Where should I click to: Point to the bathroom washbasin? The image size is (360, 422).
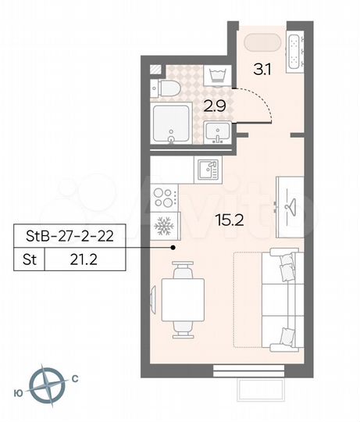tap(216, 133)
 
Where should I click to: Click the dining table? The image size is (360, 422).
tap(182, 297)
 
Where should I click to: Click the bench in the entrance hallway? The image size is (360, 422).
tap(294, 52)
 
